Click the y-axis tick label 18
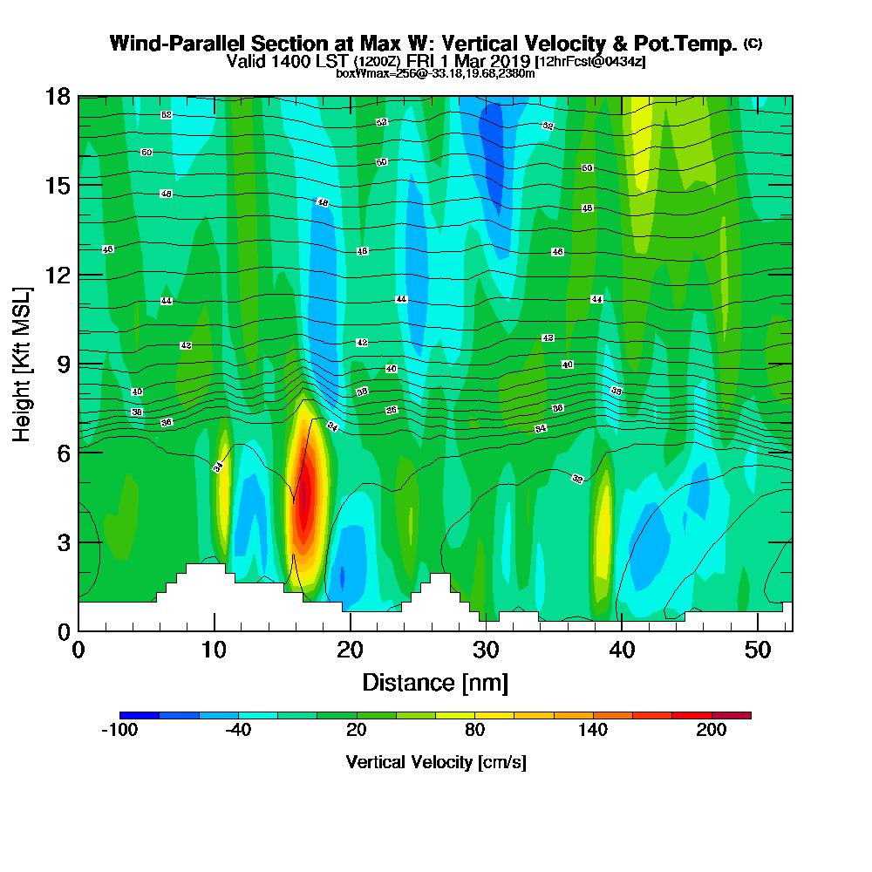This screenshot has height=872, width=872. pos(58,96)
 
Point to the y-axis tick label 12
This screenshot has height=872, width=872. pos(58,275)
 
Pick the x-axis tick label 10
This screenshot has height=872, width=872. pos(214,650)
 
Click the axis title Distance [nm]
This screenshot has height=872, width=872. pos(435,682)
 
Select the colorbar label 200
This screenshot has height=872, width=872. pos(712,731)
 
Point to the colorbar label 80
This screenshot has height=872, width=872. pos(474,731)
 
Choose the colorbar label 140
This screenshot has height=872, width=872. pos(593,731)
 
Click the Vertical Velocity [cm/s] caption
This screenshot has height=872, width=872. pos(435,762)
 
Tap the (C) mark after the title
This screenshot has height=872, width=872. pos(753,44)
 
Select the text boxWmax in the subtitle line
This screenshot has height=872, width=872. pos(358,73)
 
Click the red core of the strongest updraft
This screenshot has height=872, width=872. pos(303,510)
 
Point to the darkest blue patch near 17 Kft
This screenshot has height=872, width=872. pos(494,144)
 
